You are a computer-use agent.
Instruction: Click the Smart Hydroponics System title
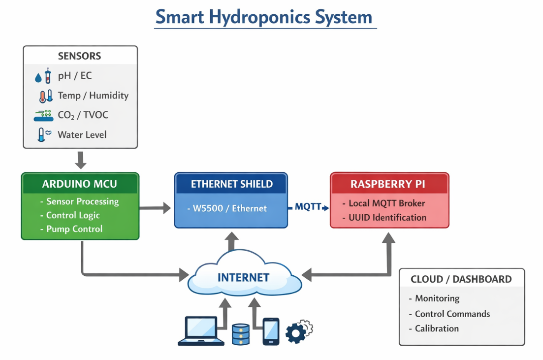tap(264, 18)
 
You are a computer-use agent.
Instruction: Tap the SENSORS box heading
tap(79, 56)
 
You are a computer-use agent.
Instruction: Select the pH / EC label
tap(75, 76)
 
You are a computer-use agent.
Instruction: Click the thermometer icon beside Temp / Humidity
tap(45, 96)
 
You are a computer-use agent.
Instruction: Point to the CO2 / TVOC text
tap(83, 115)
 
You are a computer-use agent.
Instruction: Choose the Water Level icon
tap(44, 135)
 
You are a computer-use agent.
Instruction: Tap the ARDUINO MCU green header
tap(80, 184)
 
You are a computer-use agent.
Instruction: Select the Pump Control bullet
tap(74, 229)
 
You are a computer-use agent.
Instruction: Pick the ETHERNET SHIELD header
tap(231, 184)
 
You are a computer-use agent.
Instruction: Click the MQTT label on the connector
tap(308, 207)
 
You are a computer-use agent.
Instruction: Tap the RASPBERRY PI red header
tap(389, 184)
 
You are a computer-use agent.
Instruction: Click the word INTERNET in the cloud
tap(243, 278)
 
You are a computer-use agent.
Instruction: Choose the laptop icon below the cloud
tap(201, 331)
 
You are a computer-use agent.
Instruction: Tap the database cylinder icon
tap(240, 334)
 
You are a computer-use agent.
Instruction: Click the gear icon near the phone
tap(297, 332)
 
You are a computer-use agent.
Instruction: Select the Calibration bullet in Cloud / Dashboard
tap(437, 328)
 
